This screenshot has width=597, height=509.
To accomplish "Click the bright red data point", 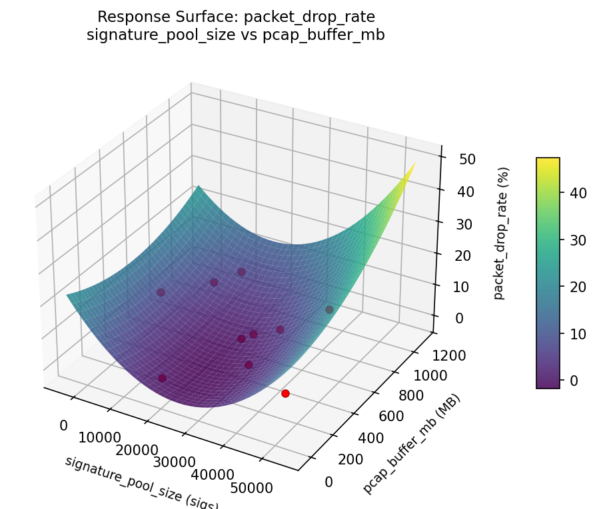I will click(285, 393).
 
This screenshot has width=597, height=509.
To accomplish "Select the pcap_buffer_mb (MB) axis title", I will click(412, 443).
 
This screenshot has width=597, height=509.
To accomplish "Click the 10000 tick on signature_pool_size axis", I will click(99, 438).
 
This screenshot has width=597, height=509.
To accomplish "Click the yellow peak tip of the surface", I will click(415, 163).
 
